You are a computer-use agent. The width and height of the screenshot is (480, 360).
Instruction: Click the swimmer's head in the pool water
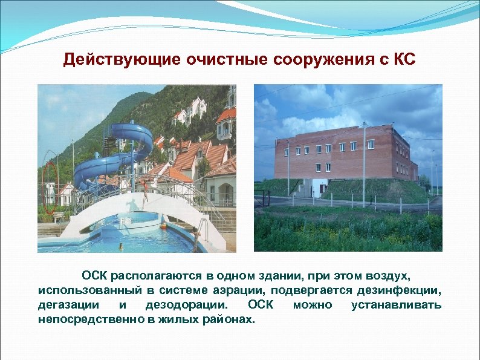pos(120,246)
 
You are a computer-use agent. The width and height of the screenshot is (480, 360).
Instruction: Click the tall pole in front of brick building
pos(364,163)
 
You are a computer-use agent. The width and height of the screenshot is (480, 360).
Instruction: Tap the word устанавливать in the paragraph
pos(396,305)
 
